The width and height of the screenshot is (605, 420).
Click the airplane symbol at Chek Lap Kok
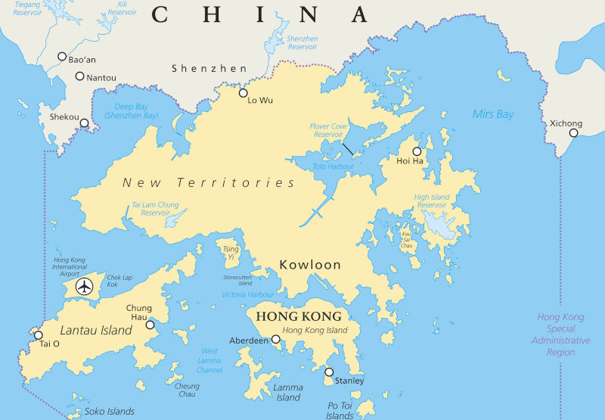85,288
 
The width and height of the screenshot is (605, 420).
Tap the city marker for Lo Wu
244,93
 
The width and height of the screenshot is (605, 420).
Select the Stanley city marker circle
329,372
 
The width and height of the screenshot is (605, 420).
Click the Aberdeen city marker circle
276,340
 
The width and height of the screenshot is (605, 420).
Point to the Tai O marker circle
39,335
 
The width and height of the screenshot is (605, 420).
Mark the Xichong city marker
574,133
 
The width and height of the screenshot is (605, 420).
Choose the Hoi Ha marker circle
417,151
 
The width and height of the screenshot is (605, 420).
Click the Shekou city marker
84,123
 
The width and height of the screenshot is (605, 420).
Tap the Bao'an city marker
62,56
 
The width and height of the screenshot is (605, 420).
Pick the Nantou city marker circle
79,76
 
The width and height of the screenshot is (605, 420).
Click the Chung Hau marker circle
150,325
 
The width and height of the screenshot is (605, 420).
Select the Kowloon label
310,265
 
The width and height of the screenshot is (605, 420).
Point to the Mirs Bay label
492,114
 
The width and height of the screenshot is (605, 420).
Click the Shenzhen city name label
209,68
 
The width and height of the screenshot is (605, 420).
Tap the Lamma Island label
288,392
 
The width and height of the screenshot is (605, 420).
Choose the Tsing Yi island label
231,252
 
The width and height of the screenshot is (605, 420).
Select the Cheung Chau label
187,390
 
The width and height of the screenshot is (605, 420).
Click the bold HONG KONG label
299,316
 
